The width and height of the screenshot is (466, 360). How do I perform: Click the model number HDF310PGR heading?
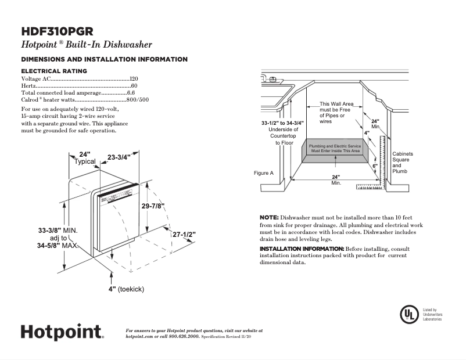58,32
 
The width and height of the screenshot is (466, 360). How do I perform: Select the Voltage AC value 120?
134,78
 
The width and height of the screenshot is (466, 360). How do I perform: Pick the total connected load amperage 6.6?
131,92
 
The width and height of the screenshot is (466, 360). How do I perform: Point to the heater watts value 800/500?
138,99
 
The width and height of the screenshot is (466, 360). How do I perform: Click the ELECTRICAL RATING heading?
54,71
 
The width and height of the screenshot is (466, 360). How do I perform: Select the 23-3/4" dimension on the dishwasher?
119,157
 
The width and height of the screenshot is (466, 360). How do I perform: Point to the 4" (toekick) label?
126,289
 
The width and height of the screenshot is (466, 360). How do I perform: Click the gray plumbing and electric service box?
334,148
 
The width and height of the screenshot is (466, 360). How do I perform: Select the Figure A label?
264,173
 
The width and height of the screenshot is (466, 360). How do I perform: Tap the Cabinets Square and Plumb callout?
403,163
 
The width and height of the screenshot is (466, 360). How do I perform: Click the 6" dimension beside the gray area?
375,166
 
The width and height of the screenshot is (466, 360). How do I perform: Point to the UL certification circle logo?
409,314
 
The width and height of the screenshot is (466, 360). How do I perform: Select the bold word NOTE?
269,217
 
